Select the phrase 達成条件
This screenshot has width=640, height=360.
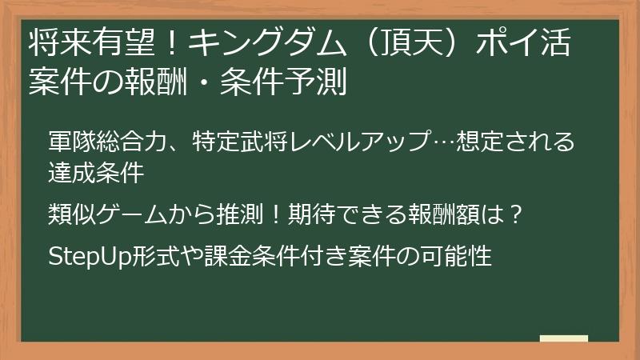coord(96,171)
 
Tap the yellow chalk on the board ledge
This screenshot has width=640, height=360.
coord(564,338)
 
